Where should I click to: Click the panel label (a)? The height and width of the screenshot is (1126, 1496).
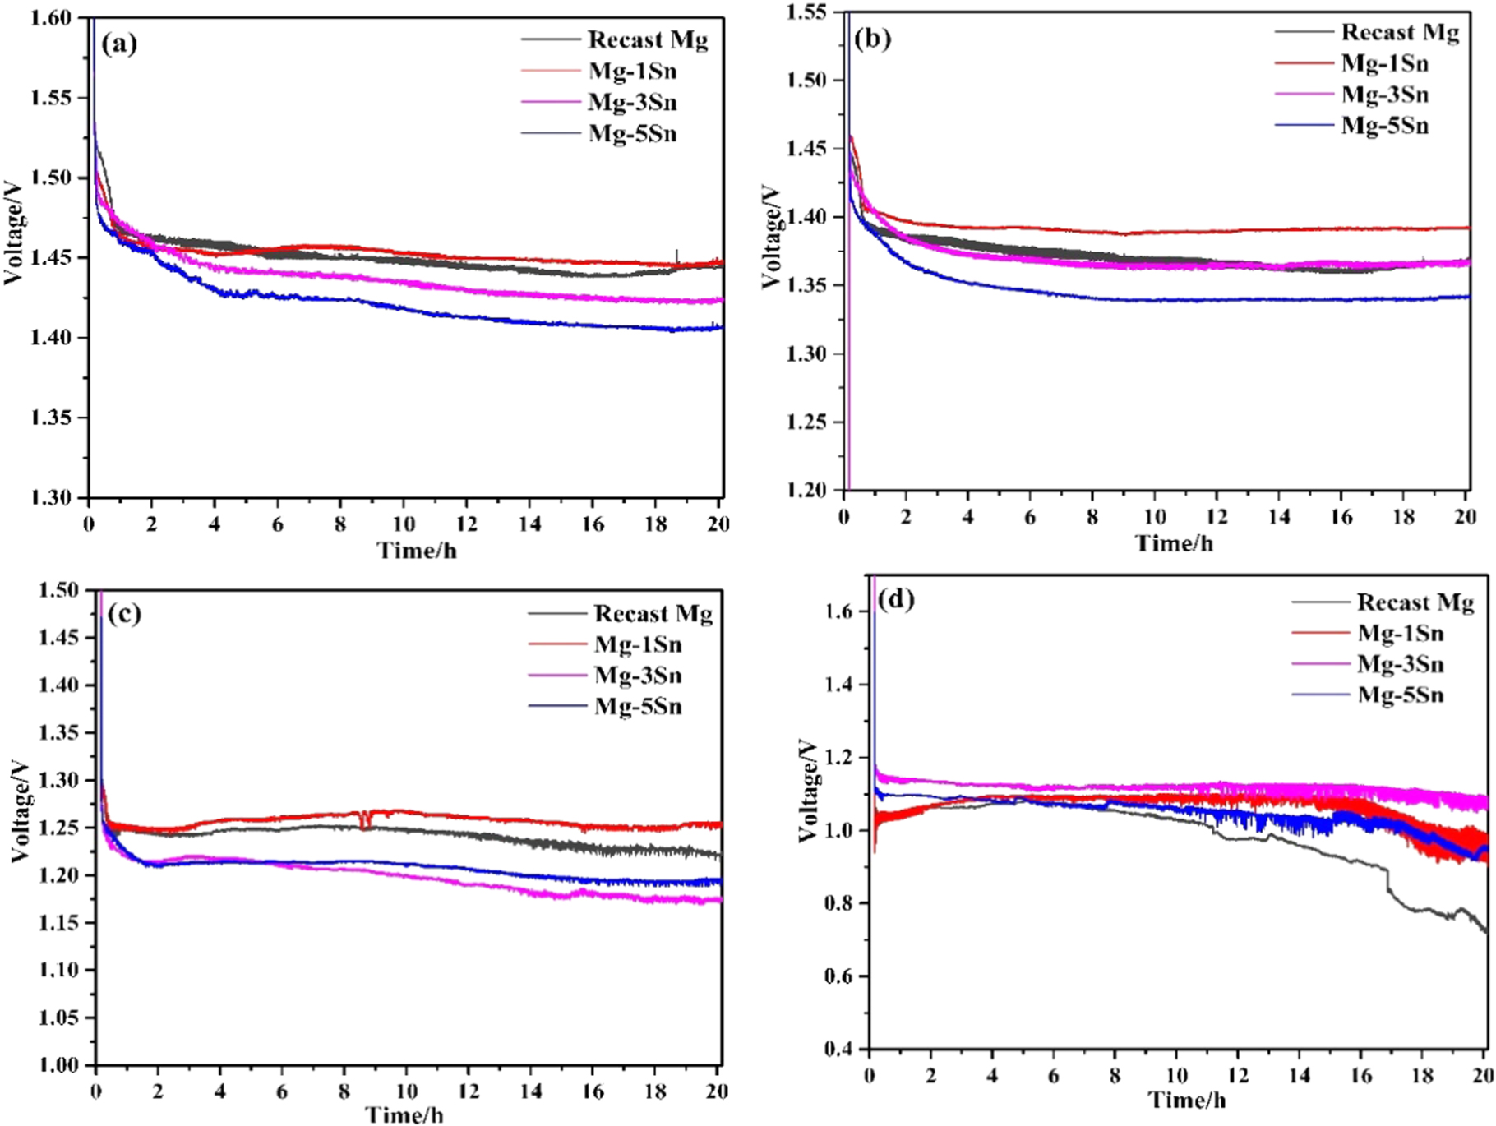[119, 44]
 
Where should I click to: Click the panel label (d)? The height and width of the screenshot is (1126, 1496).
[896, 600]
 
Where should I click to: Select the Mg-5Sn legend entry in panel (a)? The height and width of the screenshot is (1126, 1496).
[632, 134]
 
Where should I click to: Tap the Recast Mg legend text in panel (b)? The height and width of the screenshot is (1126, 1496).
[1400, 33]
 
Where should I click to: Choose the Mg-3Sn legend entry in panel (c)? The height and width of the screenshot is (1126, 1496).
[638, 676]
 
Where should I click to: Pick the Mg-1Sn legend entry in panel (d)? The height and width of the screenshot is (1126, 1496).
[1400, 634]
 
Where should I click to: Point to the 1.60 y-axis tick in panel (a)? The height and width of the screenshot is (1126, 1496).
[50, 17]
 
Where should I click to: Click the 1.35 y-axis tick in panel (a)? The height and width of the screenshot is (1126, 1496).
[50, 418]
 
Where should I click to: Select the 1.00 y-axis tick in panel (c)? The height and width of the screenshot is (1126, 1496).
[58, 1064]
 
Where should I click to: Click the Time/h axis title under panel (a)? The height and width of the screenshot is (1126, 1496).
[416, 551]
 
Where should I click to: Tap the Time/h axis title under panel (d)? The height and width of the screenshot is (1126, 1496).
[1187, 1100]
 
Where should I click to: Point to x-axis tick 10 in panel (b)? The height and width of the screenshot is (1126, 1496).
[1155, 517]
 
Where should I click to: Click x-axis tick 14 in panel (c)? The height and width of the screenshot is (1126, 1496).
[530, 1091]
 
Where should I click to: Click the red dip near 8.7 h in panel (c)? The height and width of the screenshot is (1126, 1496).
[364, 821]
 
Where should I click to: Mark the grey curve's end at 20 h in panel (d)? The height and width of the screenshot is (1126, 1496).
[1484, 931]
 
